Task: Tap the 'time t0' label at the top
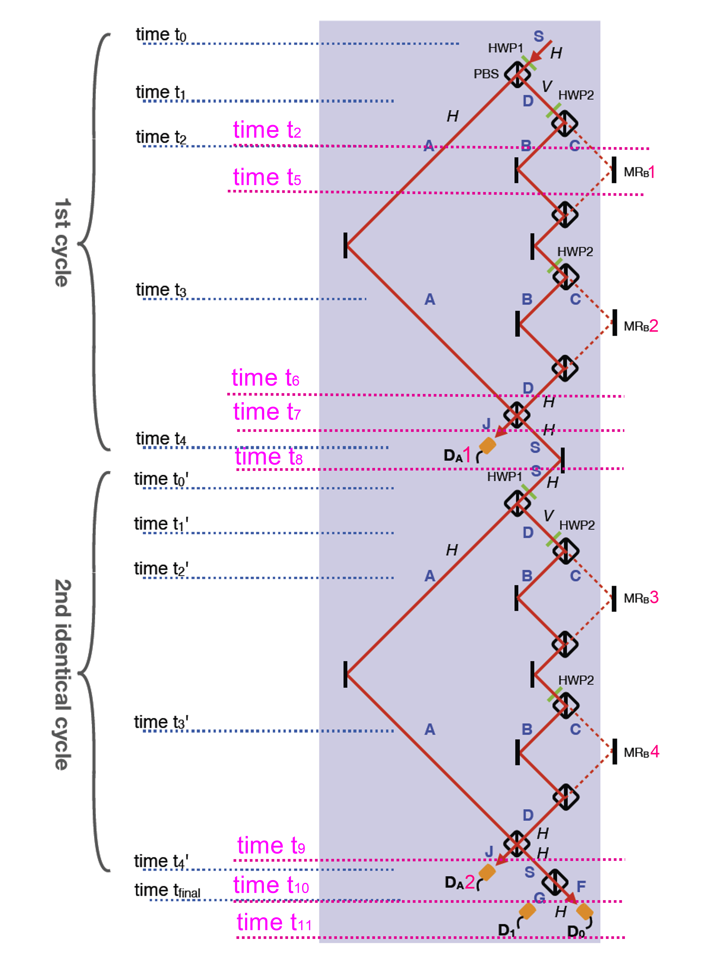pyautogui.click(x=161, y=35)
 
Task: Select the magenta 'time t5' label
pyautogui.click(x=267, y=177)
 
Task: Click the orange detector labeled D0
pyautogui.click(x=584, y=912)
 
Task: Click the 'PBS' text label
pyautogui.click(x=486, y=74)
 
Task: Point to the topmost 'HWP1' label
pyautogui.click(x=505, y=48)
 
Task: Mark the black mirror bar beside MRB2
pyautogui.click(x=614, y=323)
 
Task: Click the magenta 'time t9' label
pyautogui.click(x=271, y=845)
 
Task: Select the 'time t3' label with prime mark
pyautogui.click(x=161, y=722)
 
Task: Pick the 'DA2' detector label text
pyautogui.click(x=460, y=882)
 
